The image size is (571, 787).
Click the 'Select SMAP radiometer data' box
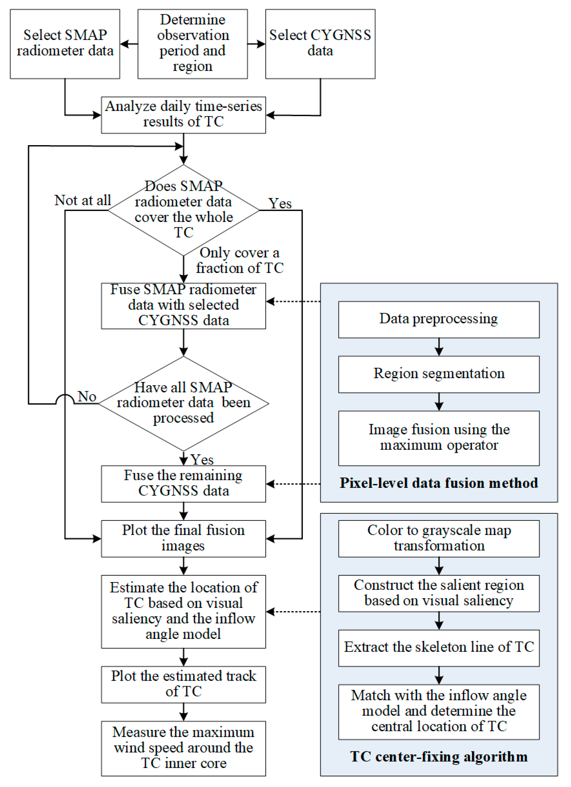tap(65, 44)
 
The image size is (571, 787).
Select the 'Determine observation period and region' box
tap(193, 44)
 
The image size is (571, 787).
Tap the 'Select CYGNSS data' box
tap(320, 44)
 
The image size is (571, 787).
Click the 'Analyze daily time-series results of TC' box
tap(183, 115)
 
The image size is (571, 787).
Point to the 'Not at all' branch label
tap(83, 200)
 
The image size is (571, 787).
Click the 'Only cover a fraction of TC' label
tap(239, 260)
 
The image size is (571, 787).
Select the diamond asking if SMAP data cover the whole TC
tap(183, 210)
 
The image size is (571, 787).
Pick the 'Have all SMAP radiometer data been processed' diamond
tap(183, 403)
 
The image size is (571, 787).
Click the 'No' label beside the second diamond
tap(87, 396)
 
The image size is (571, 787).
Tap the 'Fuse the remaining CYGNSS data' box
tap(183, 483)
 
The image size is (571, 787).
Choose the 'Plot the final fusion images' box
tap(183, 538)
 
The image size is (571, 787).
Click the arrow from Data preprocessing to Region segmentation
tap(439, 347)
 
